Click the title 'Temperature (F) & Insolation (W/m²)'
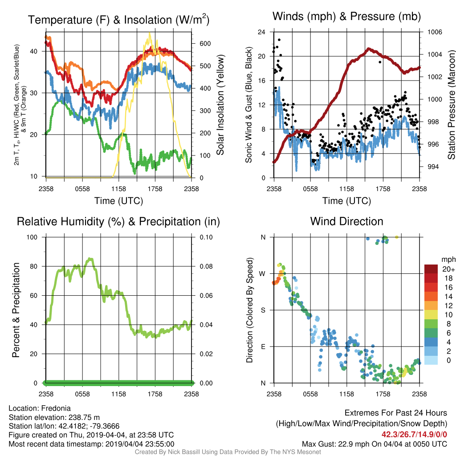pos(118,20)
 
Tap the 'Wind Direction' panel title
pos(346,221)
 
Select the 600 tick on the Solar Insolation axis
pos(205,44)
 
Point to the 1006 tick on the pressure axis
pos(435,32)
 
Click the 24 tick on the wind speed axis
pos(261,32)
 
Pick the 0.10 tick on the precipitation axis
pos(206,237)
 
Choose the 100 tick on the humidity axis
pos(32,237)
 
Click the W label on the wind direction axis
pos(262,274)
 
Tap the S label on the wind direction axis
pos(263,310)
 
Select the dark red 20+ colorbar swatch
pos(431,269)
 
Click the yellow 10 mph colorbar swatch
pos(431,315)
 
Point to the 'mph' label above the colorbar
pos(448,260)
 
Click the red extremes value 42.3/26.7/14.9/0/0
pos(414,435)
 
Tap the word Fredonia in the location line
pos(56,408)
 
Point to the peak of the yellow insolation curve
pos(150,33)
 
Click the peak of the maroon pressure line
pos(368,49)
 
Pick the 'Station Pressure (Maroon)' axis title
pos(451,105)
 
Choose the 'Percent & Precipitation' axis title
pos(16,310)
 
